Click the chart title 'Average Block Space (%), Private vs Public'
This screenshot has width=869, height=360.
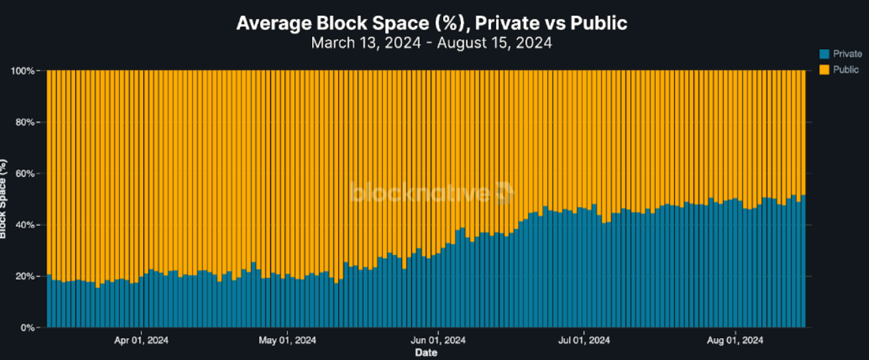coord(431,23)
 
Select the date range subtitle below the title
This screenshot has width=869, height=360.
coord(431,43)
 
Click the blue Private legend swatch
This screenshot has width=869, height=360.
coord(824,53)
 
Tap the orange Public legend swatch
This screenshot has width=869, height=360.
coord(824,69)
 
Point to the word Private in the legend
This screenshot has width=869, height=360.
coord(847,53)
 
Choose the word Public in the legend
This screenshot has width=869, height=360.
coord(846,69)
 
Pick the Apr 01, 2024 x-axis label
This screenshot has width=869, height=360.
coord(141,340)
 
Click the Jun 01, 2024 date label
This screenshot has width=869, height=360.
coord(437,340)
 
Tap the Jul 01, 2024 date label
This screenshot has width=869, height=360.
coord(584,340)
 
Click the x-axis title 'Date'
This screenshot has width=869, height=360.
coord(425,353)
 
